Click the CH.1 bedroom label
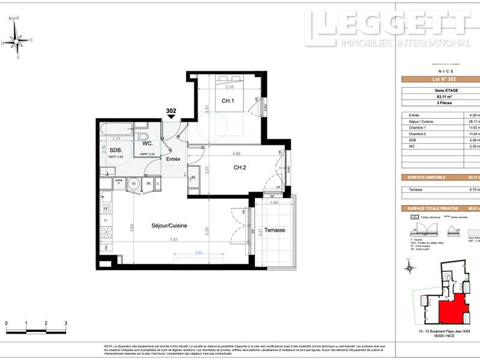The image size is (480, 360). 227,101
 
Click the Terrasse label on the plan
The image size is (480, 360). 274,230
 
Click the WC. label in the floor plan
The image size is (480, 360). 147,144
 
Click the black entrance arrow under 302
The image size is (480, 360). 172,117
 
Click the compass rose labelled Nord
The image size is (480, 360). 17,41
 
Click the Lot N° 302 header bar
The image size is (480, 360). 439,80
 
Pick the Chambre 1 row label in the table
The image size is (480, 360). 418,128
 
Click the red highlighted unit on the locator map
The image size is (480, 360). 451,307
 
